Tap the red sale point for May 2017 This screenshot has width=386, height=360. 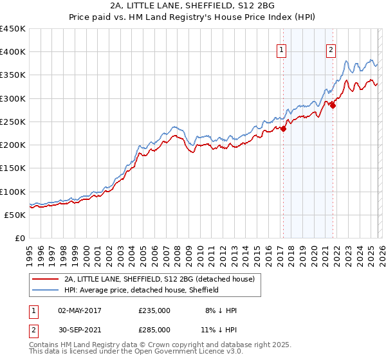point(283,129)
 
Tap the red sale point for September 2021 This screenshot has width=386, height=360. point(333,105)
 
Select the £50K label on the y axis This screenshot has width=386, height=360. point(15,215)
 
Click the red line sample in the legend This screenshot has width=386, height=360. point(46,280)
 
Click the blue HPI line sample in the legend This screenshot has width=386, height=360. point(46,290)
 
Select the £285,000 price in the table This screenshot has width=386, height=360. point(154,329)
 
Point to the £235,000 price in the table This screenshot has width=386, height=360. point(154,310)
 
